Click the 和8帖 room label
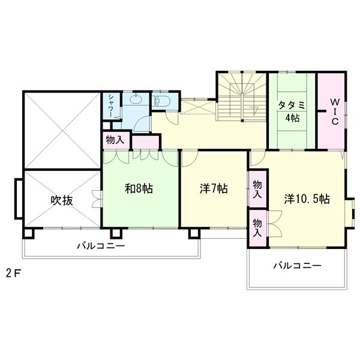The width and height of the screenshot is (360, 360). [139, 189]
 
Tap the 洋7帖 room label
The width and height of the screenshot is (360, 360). [214, 189]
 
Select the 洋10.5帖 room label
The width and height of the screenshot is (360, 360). [307, 199]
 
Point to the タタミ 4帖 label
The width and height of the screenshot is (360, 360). [292, 112]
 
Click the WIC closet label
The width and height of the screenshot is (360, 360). [335, 112]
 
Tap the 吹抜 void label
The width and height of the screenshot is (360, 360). [62, 200]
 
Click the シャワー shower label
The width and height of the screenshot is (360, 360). [111, 106]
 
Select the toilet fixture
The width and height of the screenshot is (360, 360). [163, 100]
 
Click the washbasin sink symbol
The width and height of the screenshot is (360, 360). [136, 99]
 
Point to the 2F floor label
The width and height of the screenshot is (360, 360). [14, 273]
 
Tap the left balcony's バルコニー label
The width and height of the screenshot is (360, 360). [101, 246]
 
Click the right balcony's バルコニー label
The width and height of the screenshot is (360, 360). [297, 266]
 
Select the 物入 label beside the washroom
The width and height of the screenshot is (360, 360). [115, 140]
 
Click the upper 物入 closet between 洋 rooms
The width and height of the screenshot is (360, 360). [257, 190]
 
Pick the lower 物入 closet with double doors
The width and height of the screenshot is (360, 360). [257, 228]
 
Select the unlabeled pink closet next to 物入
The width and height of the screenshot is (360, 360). [146, 142]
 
